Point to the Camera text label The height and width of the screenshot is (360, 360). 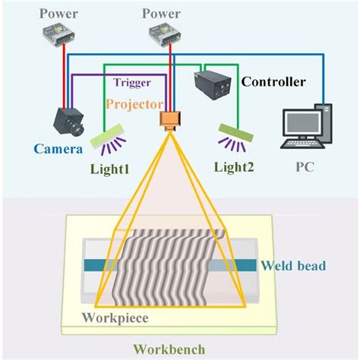tap(57, 150)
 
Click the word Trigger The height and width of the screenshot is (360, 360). tap(133, 82)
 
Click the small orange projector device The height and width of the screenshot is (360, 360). tap(168, 120)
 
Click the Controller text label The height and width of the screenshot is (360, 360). tap(273, 82)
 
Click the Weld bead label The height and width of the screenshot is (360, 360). tap(292, 265)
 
